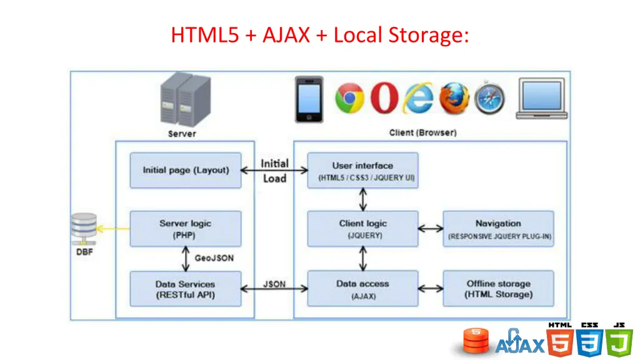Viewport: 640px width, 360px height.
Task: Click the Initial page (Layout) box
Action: click(185, 170)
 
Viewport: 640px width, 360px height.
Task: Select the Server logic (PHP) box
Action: click(185, 229)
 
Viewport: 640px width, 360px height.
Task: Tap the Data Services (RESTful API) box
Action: click(185, 289)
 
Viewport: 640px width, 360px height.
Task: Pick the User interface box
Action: click(362, 170)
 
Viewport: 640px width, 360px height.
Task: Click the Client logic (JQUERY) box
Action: click(362, 229)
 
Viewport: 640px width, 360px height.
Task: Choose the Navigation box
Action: click(498, 229)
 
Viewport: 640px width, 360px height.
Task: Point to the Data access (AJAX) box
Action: click(362, 289)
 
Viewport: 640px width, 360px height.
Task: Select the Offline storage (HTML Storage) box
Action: click(498, 289)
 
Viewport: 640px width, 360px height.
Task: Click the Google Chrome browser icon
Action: click(349, 98)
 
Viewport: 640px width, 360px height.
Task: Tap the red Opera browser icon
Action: click(384, 97)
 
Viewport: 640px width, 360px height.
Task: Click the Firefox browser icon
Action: click(454, 98)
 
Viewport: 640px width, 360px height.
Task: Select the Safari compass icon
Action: click(489, 98)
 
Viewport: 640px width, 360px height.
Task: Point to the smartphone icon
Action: click(309, 99)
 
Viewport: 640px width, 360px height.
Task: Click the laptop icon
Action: click(542, 98)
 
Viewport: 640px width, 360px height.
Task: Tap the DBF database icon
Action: click(84, 229)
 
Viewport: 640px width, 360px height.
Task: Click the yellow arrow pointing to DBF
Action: click(113, 229)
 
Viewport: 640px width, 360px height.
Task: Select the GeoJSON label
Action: click(214, 258)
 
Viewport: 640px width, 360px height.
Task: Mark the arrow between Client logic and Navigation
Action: click(431, 229)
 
